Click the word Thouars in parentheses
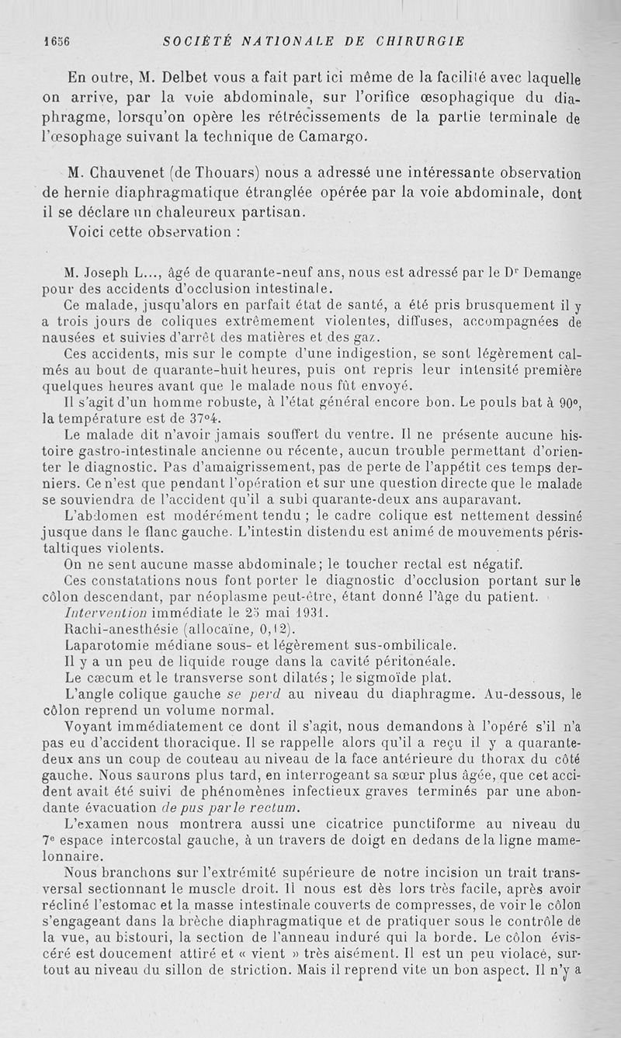pos(230,173)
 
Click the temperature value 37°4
pos(206,420)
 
